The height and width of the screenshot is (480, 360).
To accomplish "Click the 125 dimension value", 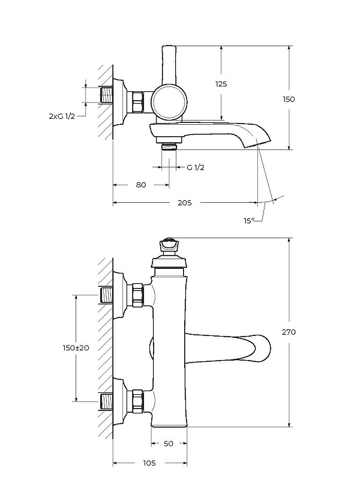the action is [221, 83].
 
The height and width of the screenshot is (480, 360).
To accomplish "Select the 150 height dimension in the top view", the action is [289, 99].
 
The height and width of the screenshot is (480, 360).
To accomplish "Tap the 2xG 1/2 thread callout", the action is [62, 116].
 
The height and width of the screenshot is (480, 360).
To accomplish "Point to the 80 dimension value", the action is [141, 185].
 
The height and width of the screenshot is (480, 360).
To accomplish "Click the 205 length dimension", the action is [185, 203].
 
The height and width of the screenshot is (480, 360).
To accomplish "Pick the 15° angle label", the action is [249, 220].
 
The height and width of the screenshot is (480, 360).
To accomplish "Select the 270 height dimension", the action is [289, 332].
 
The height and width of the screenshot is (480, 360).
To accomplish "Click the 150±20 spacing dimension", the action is [76, 348].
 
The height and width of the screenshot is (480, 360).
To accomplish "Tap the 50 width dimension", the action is [169, 443].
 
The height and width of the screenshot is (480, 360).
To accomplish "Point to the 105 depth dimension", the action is [149, 463].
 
